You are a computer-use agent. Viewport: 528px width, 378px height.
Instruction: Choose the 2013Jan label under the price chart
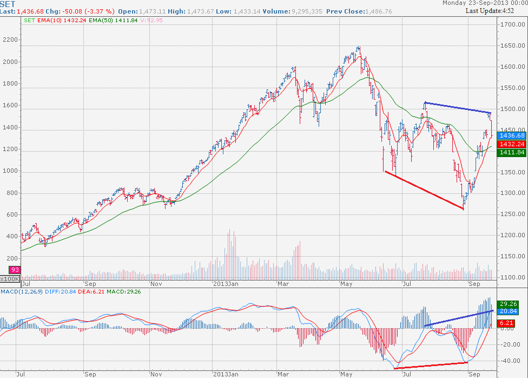(x=225, y=283)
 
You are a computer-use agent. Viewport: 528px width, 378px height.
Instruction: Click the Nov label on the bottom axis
(x=156, y=283)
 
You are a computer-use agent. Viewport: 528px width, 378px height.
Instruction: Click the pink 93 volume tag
(x=15, y=270)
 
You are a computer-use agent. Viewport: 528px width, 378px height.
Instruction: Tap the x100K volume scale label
(x=10, y=278)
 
